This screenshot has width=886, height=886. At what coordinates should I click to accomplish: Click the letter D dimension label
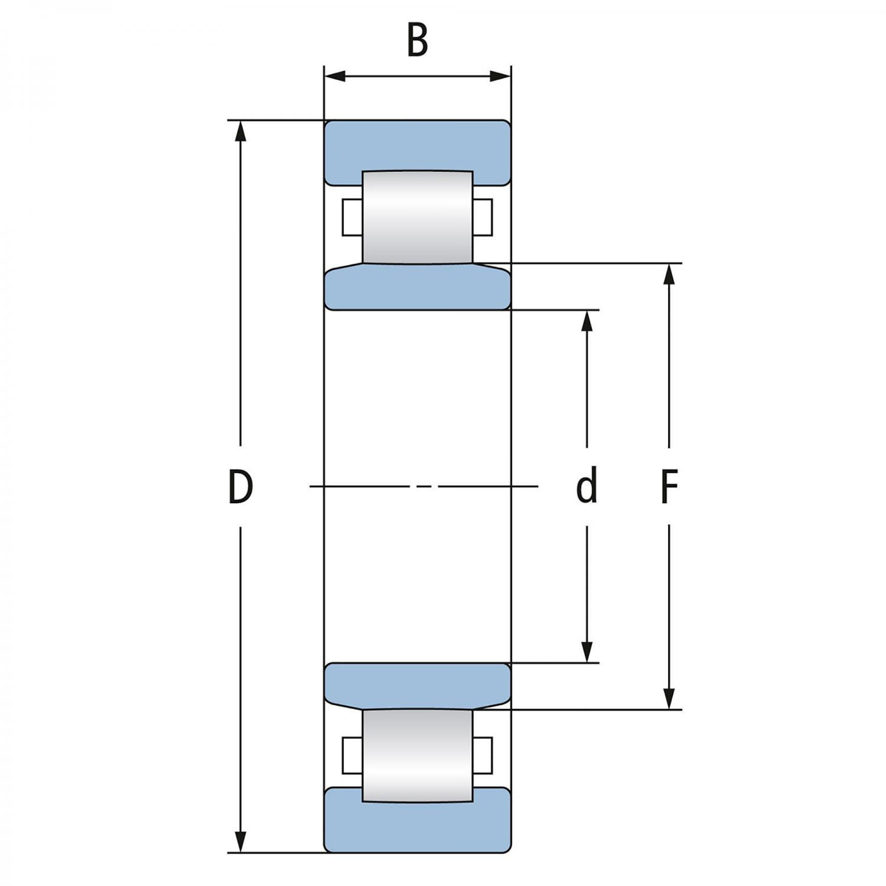240,487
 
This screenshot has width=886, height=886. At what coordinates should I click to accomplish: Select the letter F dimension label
669,487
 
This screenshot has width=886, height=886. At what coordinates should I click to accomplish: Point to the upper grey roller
418,217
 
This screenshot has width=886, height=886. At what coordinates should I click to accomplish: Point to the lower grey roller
418,756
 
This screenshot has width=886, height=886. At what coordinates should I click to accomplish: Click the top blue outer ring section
418,145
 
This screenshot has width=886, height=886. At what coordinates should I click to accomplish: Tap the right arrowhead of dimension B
500,76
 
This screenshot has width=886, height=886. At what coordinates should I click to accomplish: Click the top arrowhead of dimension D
240,132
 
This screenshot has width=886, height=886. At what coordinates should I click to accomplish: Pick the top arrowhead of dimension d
587,320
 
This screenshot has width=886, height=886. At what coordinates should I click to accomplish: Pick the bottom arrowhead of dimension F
669,698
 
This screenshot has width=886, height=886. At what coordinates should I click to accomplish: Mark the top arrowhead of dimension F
669,274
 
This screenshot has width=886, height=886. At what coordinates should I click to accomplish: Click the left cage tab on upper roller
352,217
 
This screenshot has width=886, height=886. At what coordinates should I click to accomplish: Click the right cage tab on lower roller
483,755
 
